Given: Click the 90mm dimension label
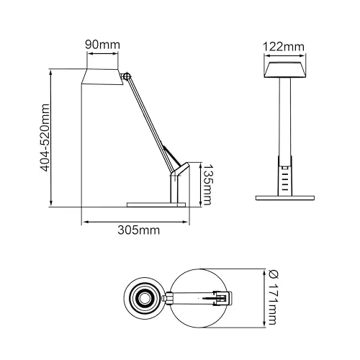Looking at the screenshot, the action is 102,45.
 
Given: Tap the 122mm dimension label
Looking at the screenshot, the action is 284,47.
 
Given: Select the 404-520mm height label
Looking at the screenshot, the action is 45,138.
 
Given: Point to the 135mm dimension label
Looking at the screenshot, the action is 207,184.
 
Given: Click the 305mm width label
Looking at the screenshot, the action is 139,230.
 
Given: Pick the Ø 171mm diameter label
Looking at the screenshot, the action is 273,297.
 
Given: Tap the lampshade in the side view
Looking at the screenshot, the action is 102,77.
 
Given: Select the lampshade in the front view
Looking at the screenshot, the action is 285,70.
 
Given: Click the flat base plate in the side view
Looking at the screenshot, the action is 156,204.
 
